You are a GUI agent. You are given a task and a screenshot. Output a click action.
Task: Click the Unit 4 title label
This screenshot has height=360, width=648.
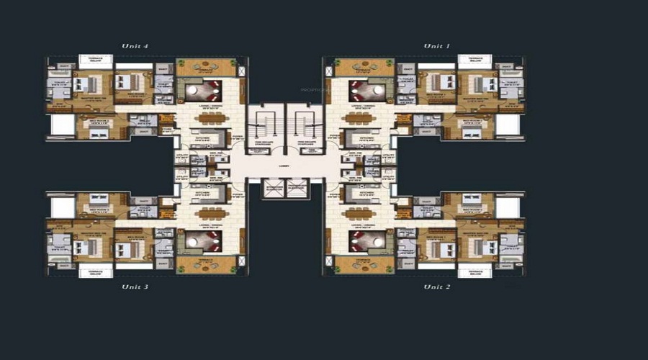point(135,46)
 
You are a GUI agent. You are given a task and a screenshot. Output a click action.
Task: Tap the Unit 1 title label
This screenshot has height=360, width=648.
point(436,46)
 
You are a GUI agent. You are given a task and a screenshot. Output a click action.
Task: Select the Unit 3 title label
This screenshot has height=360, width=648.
point(135,287)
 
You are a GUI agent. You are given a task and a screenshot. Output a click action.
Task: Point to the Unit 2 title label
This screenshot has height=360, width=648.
point(436,287)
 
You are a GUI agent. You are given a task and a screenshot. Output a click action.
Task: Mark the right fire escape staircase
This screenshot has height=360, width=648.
point(308,126)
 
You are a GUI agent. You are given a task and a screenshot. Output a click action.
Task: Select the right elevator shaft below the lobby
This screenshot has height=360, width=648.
point(297,189)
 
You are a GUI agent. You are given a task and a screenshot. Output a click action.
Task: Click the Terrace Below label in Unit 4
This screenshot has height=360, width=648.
point(95,60)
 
